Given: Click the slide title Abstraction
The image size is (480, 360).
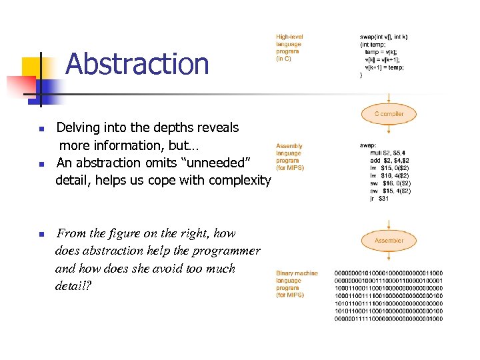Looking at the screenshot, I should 137,64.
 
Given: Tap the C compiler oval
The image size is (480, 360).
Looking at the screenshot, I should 389,114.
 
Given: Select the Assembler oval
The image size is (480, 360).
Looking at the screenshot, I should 389,241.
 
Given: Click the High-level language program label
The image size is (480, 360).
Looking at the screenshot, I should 289,47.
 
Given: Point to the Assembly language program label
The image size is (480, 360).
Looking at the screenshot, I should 290,157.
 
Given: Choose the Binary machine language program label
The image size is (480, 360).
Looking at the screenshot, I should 297,283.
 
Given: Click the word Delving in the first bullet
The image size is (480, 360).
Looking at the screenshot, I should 77,127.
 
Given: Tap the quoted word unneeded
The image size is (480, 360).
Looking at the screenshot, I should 219,163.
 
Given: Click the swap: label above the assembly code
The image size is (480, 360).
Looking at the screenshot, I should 368,145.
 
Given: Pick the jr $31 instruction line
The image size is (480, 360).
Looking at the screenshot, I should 381,199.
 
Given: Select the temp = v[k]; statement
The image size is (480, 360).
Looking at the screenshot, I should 382,51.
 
